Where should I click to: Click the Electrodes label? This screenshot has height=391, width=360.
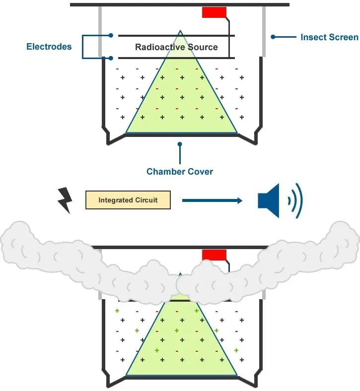point(49,47)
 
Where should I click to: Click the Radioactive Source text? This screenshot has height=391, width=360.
point(176,47)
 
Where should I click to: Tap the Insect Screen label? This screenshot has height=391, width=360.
point(329,37)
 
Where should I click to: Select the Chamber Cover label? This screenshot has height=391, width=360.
point(179,172)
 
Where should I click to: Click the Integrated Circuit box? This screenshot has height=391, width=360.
point(128,200)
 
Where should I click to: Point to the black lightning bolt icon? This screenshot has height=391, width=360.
point(66,200)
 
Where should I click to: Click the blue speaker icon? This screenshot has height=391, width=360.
point(269,200)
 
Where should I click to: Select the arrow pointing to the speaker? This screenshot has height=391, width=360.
point(212,200)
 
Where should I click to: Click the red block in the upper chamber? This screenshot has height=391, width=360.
point(214,12)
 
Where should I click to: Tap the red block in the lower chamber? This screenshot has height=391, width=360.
point(214,255)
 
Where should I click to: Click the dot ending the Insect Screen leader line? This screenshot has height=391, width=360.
point(273,37)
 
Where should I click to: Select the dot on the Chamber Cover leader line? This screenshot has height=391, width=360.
point(180,144)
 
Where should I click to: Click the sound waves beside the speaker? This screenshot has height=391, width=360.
point(294,200)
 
